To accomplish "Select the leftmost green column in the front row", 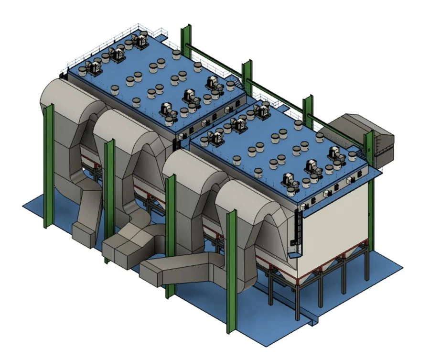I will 48,167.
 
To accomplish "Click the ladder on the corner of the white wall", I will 299,229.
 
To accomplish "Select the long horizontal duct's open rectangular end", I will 150,275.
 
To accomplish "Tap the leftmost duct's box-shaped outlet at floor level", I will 83,232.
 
